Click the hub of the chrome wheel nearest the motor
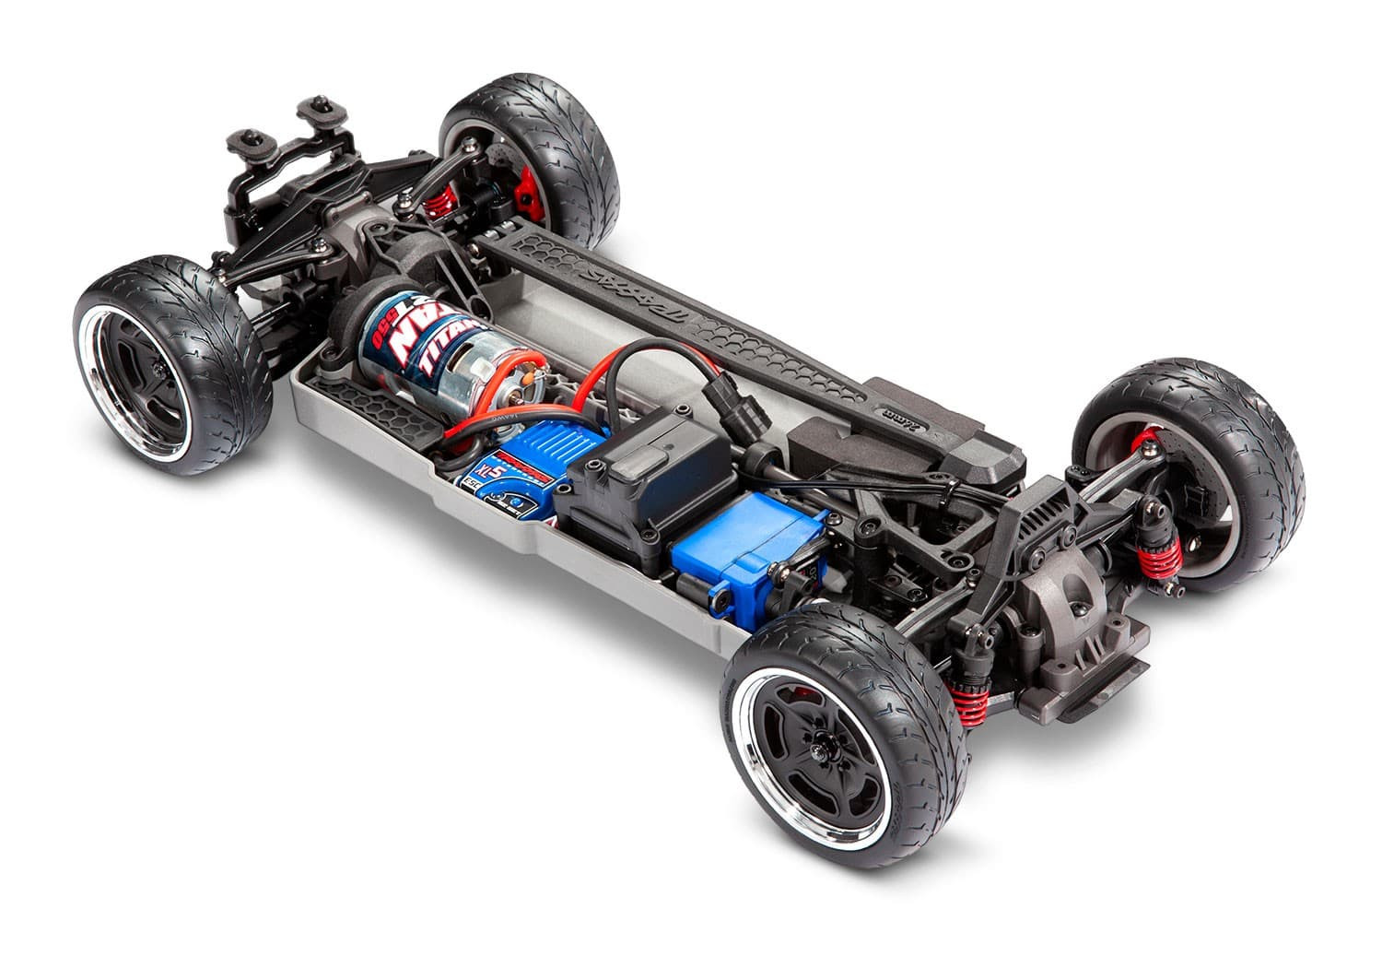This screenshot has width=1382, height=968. (157, 369)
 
